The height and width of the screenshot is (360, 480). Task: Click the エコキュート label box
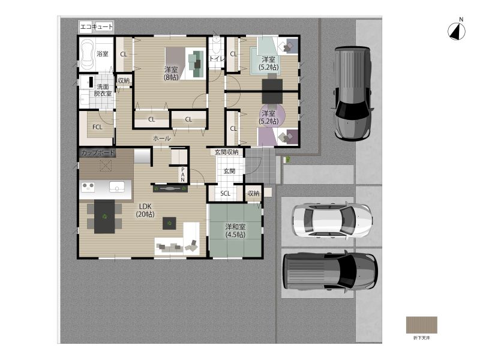[97, 27]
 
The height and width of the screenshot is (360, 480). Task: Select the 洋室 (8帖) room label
[171, 73]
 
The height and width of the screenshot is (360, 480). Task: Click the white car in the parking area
[332, 220]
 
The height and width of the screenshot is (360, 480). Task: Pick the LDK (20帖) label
[145, 211]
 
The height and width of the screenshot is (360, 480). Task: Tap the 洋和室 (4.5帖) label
[235, 230]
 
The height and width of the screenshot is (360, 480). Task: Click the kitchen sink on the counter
[117, 187]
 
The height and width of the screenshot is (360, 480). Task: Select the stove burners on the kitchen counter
[88, 187]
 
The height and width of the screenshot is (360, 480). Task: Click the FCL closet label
[97, 127]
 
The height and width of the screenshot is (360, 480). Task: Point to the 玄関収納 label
[227, 152]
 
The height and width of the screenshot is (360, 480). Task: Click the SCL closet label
[226, 193]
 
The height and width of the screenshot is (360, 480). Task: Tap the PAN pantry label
[183, 175]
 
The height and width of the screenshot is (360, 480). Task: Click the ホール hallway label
[161, 139]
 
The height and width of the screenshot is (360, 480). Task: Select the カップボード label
[98, 152]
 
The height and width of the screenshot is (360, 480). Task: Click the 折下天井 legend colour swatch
[422, 325]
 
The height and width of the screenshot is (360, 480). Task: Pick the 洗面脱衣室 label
[103, 91]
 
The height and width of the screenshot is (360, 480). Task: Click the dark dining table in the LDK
[104, 217]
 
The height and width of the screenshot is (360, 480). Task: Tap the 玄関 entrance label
[229, 171]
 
